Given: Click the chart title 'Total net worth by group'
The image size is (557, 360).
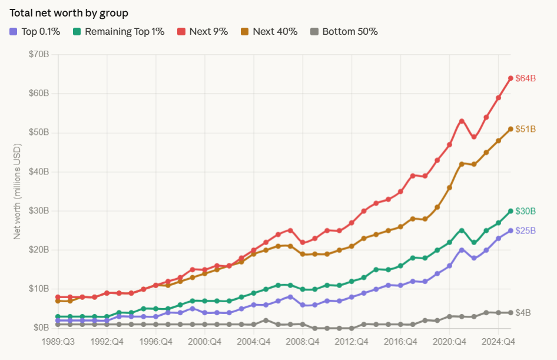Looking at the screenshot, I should pos(69,12).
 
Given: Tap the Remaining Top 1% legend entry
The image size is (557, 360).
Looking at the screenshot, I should pos(118,31).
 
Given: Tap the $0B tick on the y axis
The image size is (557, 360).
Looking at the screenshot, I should pos(40,328).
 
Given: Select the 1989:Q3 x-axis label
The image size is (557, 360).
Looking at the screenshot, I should pos(58,341).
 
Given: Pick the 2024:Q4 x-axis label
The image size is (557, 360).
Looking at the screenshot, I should pos(498,341).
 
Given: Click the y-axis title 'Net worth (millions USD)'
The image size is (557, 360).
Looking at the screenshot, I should pos(17,191).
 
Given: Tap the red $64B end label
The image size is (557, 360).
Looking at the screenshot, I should pos(525,78).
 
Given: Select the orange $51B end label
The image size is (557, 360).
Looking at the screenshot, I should pos(525,128).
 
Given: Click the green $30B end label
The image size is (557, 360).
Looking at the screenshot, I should pos(525,211).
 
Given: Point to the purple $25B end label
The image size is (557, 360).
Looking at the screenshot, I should pos(525,230).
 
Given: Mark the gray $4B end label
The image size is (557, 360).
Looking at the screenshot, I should pos(523,312).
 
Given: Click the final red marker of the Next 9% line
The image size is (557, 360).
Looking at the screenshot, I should pos(510,78).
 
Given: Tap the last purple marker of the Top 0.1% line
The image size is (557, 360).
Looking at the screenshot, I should pos(510,230).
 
